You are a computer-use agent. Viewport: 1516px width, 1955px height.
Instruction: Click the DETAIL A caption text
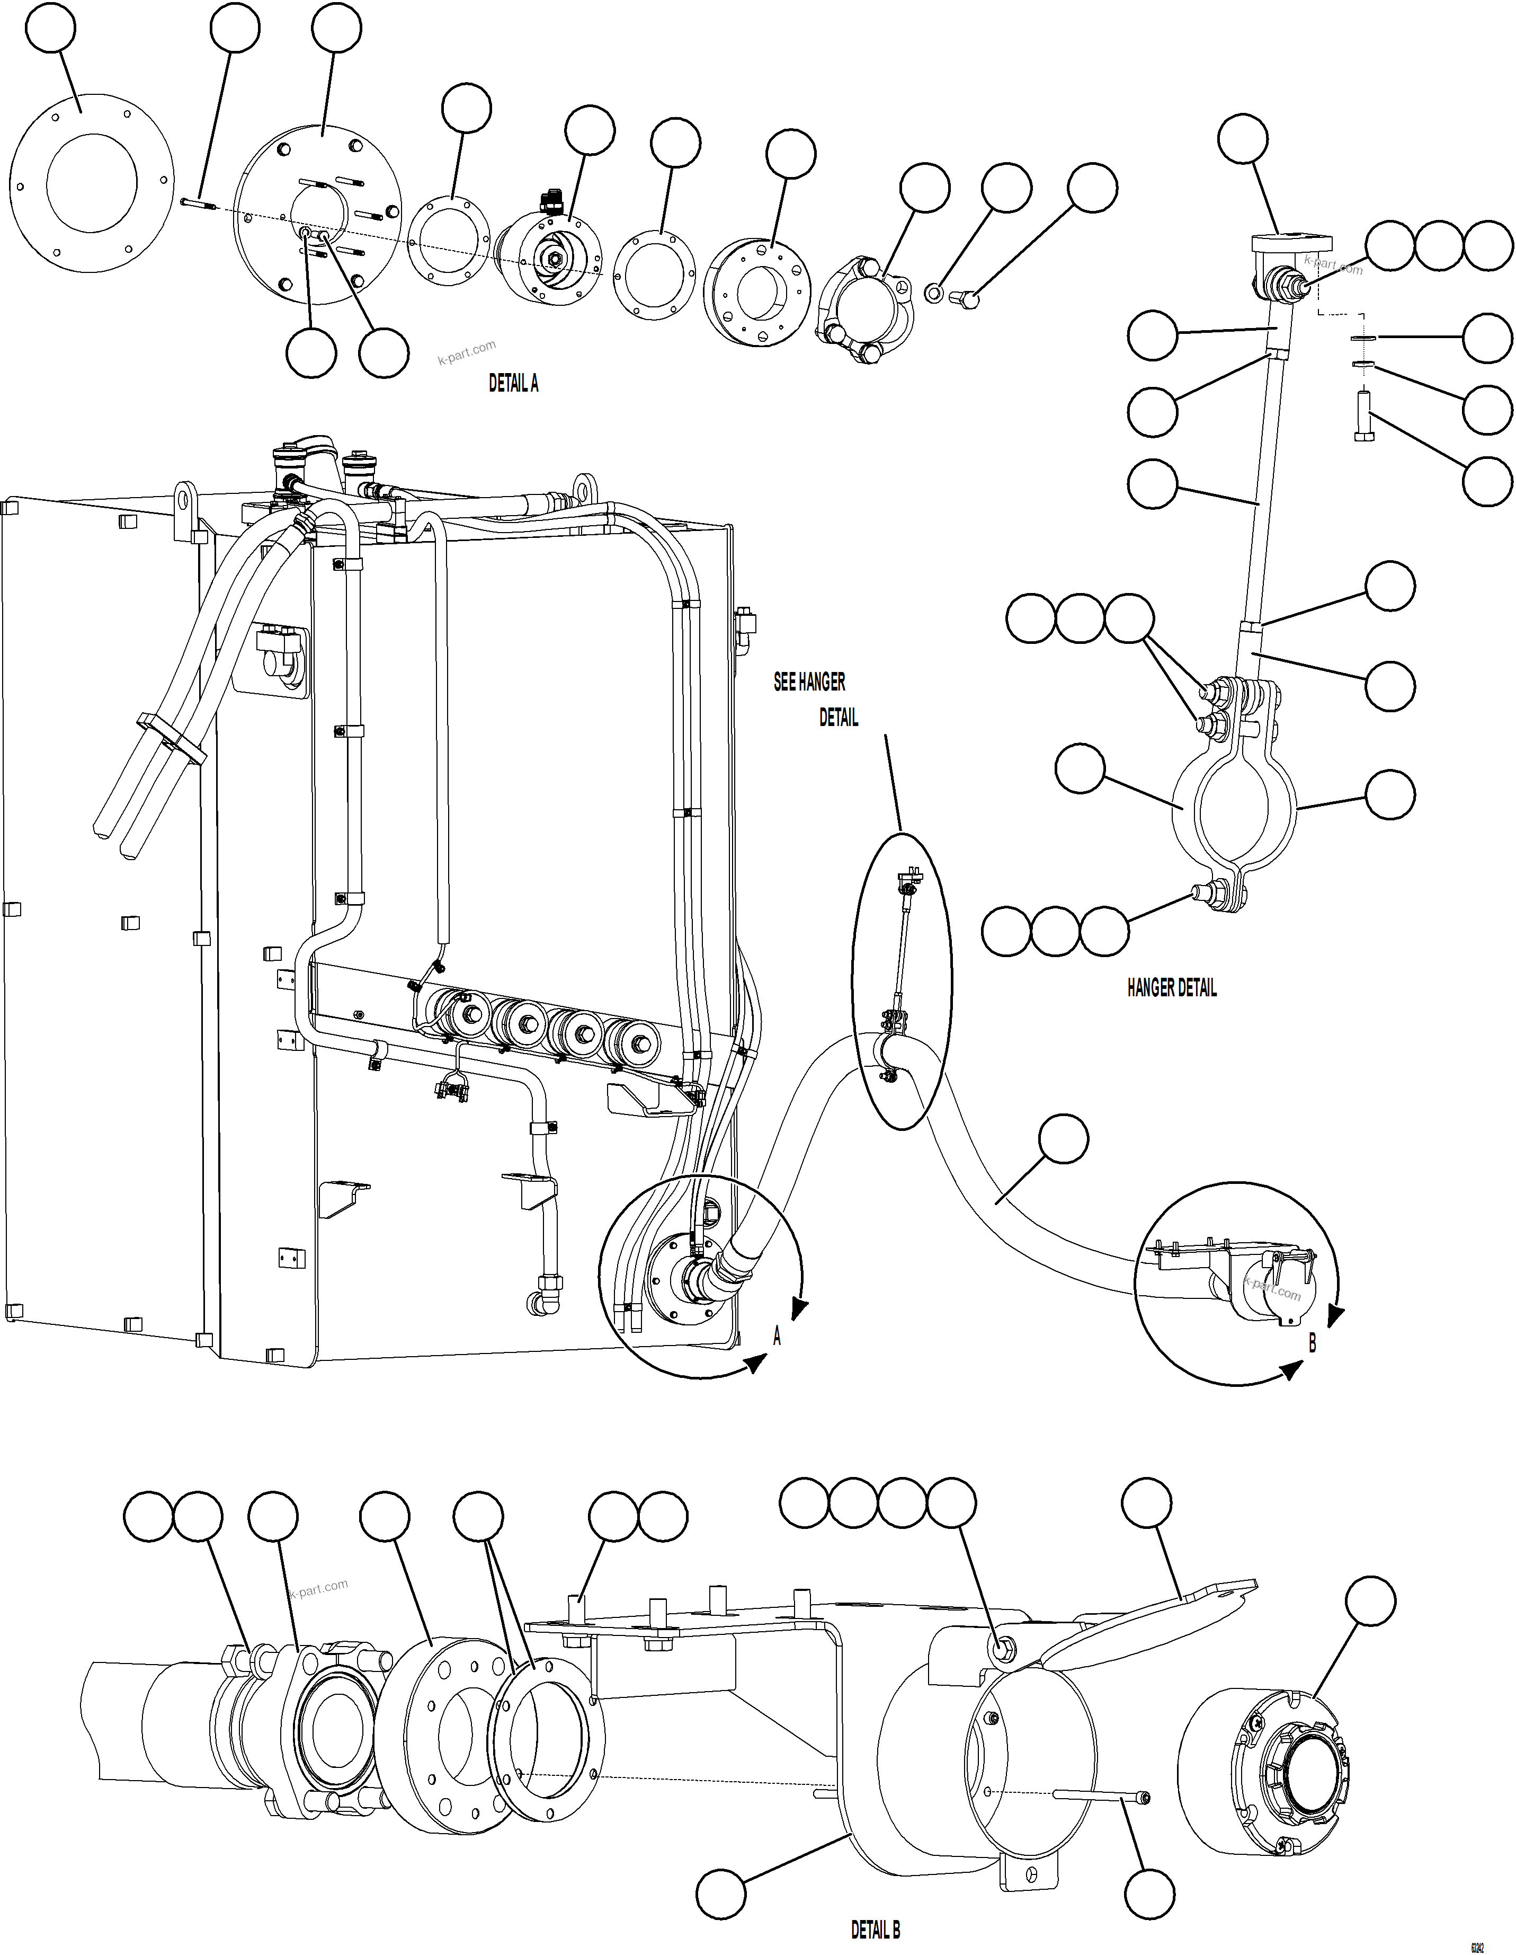(x=513, y=383)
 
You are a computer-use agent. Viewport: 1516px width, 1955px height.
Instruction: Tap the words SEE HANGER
(x=809, y=682)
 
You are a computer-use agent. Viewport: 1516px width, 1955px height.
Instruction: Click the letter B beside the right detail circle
(x=1312, y=1343)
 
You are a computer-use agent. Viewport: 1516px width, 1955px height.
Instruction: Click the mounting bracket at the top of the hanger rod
(x=1290, y=243)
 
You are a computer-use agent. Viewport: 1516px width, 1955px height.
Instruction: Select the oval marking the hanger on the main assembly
(x=902, y=980)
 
